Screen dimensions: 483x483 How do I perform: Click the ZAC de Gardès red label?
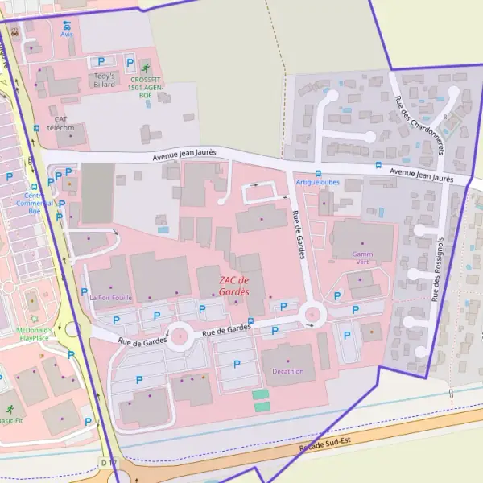234,286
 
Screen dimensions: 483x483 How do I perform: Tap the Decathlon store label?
288,371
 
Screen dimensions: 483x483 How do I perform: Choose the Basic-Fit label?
10,420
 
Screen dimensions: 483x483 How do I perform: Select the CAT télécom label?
60,124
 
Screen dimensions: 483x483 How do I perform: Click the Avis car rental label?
66,35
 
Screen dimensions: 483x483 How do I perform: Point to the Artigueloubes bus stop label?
318,183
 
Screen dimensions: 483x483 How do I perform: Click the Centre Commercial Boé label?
34,203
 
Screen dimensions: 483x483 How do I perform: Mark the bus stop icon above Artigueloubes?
318,173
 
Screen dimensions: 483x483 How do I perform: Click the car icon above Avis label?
66,24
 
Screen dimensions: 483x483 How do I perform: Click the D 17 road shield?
109,461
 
